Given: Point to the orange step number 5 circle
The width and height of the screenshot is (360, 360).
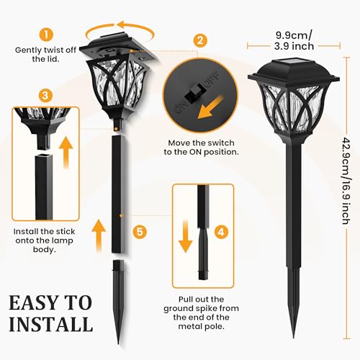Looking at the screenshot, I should tap(140, 232).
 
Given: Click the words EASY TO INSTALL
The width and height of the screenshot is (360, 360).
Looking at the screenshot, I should tap(50, 312).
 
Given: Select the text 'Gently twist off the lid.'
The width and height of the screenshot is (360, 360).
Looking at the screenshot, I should tap(43, 56).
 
